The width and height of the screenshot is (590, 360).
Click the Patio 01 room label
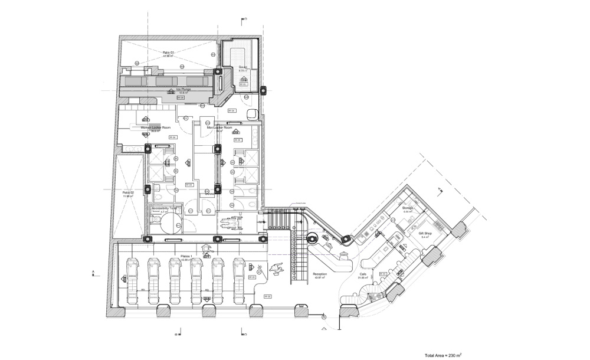click(168, 53)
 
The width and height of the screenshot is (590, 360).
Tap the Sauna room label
click(242, 67)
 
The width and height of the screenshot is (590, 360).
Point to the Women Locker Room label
click(156, 127)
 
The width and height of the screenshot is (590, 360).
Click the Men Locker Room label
click(219, 127)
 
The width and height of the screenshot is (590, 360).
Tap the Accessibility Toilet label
click(165, 208)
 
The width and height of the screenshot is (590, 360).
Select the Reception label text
click(320, 274)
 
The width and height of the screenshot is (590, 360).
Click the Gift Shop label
click(425, 233)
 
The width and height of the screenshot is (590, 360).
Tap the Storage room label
click(408, 208)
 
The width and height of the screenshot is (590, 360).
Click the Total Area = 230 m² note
click(442, 355)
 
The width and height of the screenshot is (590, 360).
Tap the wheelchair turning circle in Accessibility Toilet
click(172, 222)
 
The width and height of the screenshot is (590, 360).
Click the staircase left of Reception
click(298, 260)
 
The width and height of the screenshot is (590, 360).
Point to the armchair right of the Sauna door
click(253, 113)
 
